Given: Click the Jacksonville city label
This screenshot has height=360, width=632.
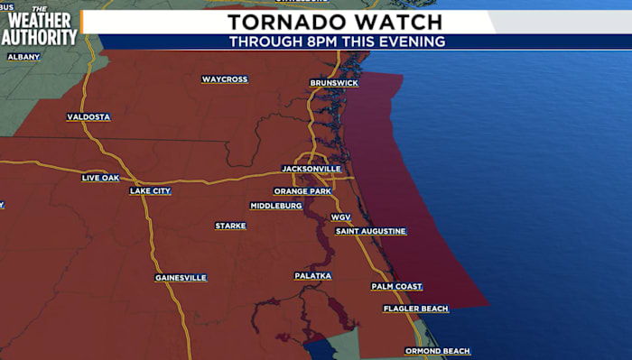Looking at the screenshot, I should coord(311,169).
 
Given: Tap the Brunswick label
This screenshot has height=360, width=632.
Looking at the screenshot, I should coord(334,83).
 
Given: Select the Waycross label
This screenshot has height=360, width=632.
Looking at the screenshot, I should coord(225,79).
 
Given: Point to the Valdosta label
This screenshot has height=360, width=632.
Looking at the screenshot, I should coord(88,117).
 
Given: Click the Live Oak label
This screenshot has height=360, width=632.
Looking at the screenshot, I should coord(100,178).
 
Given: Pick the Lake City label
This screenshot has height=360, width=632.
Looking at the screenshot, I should coord(150,191).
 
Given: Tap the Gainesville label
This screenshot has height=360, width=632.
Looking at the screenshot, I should coord(181,278).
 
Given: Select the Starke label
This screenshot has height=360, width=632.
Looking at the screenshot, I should coord(230,226).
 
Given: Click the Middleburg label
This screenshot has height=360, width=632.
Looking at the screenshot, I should coord(276,206).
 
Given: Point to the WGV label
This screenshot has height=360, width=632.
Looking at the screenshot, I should coord(340,217).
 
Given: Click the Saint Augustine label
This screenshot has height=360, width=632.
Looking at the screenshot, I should coord(371,232).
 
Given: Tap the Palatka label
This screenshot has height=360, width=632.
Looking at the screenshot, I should coord(313,276).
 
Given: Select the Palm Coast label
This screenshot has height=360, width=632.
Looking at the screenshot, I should coord(396,287).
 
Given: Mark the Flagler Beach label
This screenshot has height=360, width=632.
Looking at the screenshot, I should coord(415,309).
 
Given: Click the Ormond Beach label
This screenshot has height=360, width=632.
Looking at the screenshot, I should coord(437,351).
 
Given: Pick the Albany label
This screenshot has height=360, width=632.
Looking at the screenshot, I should coord(23,57).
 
